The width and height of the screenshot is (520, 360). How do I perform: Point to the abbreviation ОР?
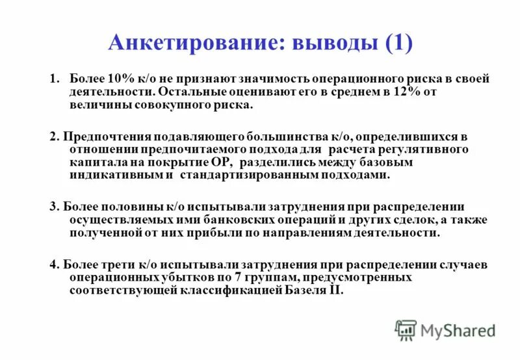[220, 162]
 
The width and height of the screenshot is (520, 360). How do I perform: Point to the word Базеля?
[303, 290]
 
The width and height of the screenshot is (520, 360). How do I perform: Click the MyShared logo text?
[458, 330]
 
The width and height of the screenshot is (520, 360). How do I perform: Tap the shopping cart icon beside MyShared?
[406, 330]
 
